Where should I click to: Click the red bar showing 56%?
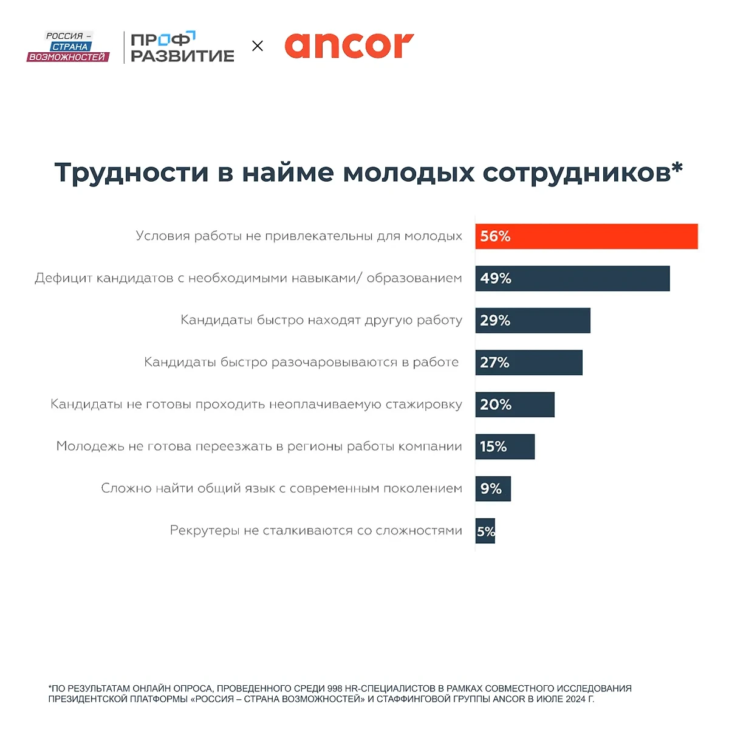pyautogui.click(x=586, y=236)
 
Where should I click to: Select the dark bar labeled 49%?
pyautogui.click(x=572, y=278)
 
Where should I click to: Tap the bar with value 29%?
pyautogui.click(x=533, y=320)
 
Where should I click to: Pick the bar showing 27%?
pyautogui.click(x=529, y=363)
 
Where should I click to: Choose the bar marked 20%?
pyautogui.click(x=515, y=405)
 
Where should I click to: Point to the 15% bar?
pyautogui.click(x=505, y=446)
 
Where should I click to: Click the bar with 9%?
pyautogui.click(x=493, y=488)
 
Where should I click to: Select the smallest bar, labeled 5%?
pyautogui.click(x=485, y=531)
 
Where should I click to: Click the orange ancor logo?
pyautogui.click(x=349, y=46)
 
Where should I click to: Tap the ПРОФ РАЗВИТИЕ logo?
pyautogui.click(x=182, y=47)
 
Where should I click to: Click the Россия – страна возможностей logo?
pyautogui.click(x=68, y=47)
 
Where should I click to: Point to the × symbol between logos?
pyautogui.click(x=258, y=46)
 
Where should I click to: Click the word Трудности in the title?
pyautogui.click(x=131, y=173)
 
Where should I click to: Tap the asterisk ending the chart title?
pyautogui.click(x=677, y=168)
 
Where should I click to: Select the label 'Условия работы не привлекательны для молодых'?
pyautogui.click(x=299, y=236)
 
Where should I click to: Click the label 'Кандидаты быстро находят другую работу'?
pyautogui.click(x=321, y=320)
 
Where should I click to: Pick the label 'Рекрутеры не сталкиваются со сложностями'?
pyautogui.click(x=316, y=531)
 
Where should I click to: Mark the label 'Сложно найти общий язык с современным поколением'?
pyautogui.click(x=281, y=488)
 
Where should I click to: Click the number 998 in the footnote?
pyautogui.click(x=335, y=688)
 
